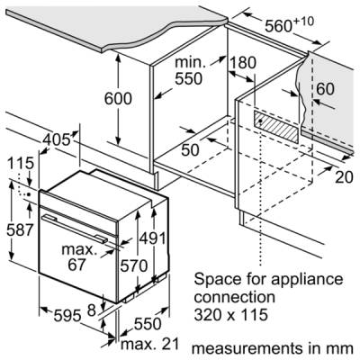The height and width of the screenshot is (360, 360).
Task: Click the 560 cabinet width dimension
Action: [290, 25]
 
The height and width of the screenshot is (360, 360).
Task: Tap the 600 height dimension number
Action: [118, 99]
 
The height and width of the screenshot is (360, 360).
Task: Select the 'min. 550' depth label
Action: [189, 71]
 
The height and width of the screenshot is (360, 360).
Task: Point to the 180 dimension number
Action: [243, 63]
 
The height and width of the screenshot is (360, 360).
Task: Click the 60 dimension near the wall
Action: [326, 88]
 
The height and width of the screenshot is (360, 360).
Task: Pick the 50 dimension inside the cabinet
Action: [190, 149]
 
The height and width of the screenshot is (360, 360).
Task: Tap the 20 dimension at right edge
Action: [344, 177]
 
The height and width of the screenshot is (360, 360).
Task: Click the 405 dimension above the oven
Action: [57, 139]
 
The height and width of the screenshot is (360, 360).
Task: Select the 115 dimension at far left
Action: [21, 164]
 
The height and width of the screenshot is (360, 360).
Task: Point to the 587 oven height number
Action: [20, 230]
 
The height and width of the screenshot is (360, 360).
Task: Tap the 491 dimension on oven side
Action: [153, 238]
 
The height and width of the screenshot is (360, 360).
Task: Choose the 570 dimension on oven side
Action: [134, 265]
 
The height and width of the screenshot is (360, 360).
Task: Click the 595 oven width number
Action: [67, 315]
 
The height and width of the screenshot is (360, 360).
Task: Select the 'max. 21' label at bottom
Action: [149, 344]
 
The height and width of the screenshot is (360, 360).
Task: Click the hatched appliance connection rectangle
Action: [277, 126]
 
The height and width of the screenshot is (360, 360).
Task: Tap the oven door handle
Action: [75, 228]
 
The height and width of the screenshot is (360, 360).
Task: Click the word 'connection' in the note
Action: [234, 297]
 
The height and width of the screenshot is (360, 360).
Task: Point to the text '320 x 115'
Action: [230, 315]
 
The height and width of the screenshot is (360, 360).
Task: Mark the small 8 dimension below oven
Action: [91, 310]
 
